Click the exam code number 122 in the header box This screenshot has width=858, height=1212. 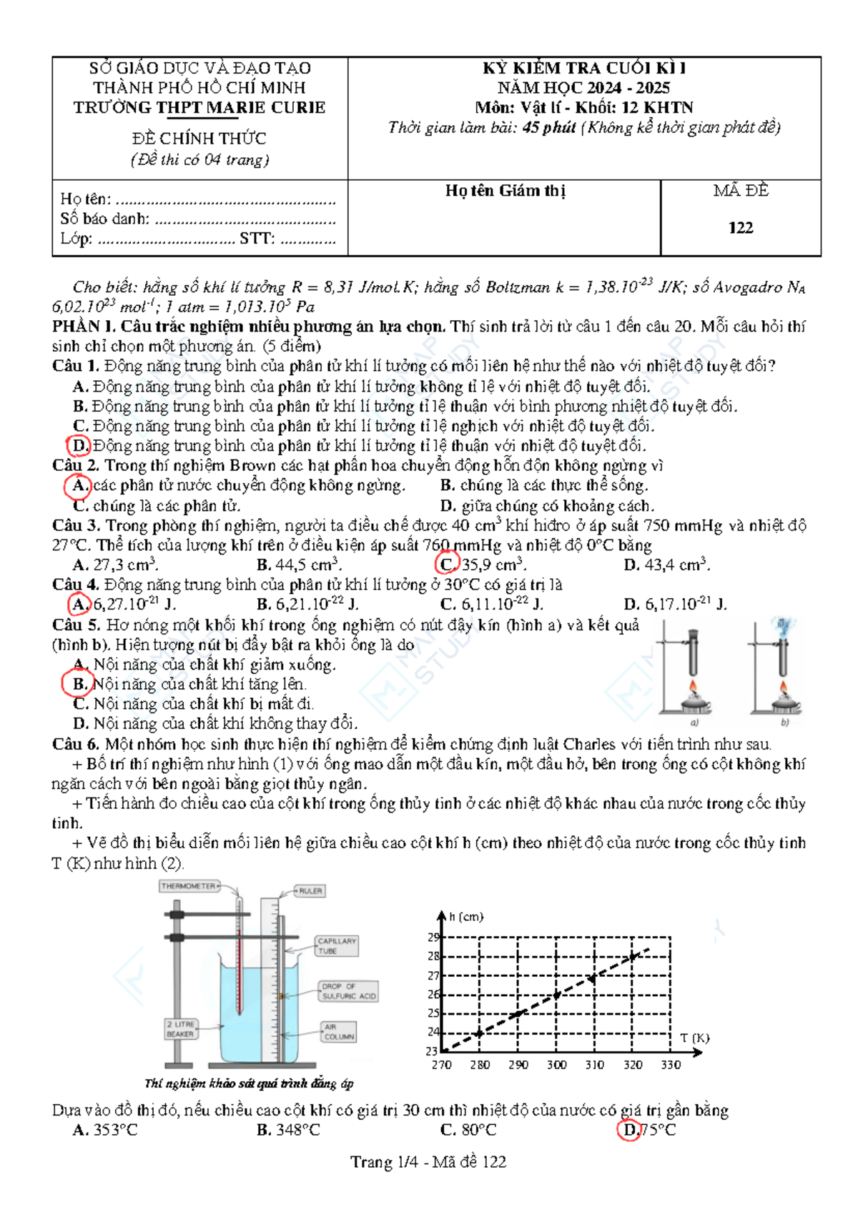point(741,228)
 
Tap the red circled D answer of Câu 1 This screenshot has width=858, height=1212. point(79,446)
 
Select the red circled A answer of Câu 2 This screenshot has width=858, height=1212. point(78,486)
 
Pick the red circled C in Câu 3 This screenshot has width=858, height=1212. point(447,565)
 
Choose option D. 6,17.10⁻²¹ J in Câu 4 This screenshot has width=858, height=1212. point(675,605)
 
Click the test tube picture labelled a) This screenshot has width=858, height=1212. point(691,672)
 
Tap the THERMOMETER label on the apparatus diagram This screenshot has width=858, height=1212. point(188,886)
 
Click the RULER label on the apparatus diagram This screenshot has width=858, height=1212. point(310,891)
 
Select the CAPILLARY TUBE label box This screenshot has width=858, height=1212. point(337,946)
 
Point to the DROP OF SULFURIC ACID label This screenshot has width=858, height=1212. point(348,991)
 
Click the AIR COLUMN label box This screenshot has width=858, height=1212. point(339,1032)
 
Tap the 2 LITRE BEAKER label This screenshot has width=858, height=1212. point(180,1029)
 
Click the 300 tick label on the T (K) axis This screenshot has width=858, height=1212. point(556,1065)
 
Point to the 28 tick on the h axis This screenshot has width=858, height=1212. point(433,956)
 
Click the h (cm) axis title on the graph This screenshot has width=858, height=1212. point(466,917)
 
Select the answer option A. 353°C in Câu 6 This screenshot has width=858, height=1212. point(105,1131)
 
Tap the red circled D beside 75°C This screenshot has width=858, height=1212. point(630,1131)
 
